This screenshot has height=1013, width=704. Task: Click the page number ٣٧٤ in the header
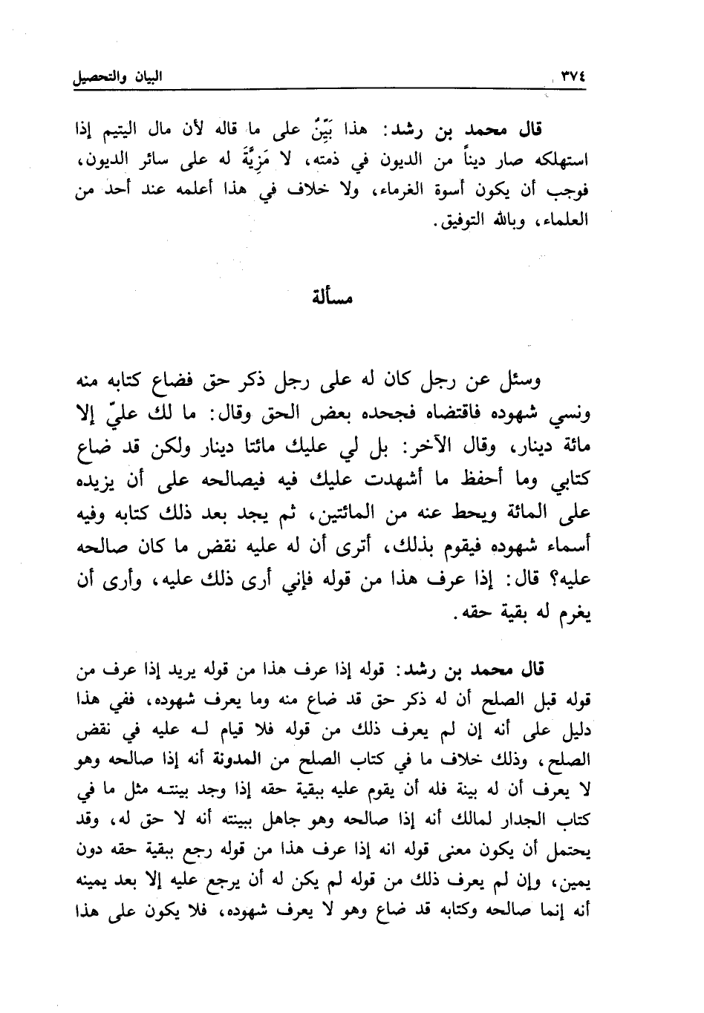tap(571, 76)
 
